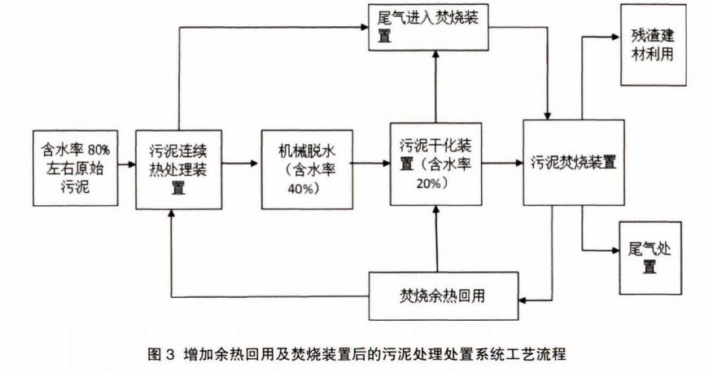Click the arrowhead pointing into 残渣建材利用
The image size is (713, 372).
pyautogui.click(x=612, y=37)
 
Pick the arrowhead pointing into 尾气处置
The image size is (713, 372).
pyautogui.click(x=612, y=249)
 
